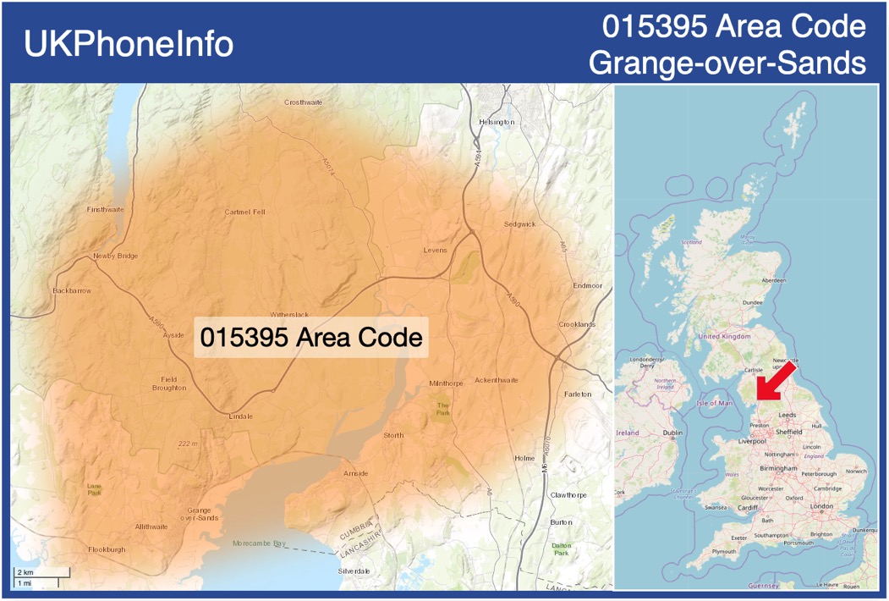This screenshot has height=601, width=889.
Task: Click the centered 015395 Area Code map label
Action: [310, 337]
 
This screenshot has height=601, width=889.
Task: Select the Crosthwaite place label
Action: [304, 102]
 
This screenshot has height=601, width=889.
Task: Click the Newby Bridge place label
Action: [115, 256]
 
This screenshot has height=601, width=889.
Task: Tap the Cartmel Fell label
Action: [244, 212]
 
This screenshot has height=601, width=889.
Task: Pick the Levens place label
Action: [435, 251]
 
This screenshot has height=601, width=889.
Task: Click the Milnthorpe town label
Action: [446, 383]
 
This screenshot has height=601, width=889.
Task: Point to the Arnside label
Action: [355, 473]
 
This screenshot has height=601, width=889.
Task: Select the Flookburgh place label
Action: [107, 549]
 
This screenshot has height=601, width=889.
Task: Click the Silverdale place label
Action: [354, 571]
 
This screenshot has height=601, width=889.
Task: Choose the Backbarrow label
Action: [72, 290]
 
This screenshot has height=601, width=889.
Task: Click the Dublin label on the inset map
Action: [672, 433]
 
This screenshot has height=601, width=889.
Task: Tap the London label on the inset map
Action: [821, 506]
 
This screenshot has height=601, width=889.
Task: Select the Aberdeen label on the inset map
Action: [774, 280]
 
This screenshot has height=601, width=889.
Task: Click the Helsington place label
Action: [497, 122]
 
